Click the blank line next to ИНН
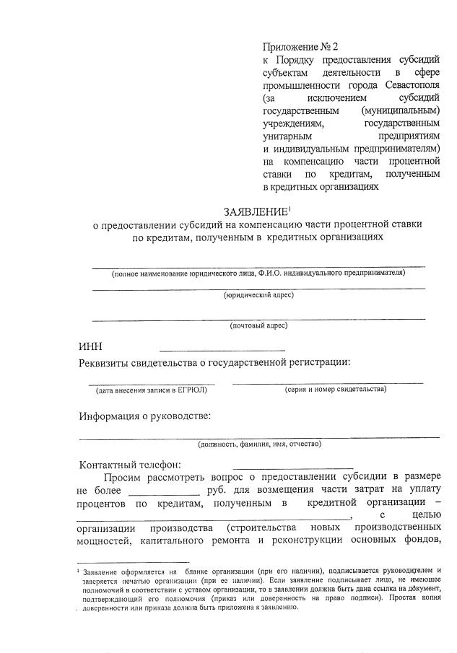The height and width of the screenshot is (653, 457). pos(222,349)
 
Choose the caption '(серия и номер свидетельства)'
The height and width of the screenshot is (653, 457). pos(335,390)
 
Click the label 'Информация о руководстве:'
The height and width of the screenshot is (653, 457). pos(145,416)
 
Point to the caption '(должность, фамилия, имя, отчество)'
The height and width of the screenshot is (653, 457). pos(259,444)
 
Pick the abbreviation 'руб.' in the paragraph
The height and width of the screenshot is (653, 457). pos(217,490)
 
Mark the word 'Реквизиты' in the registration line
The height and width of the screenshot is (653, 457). pos(110,361)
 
